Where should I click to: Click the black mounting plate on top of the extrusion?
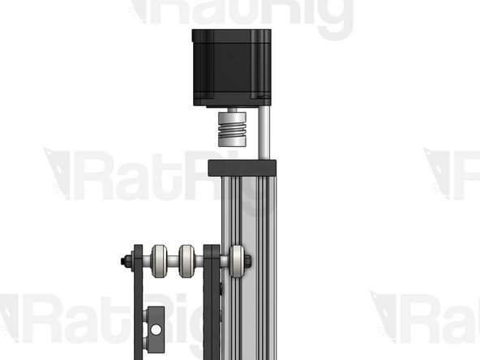point(242,167)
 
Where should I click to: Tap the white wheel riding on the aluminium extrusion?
point(237,261)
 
